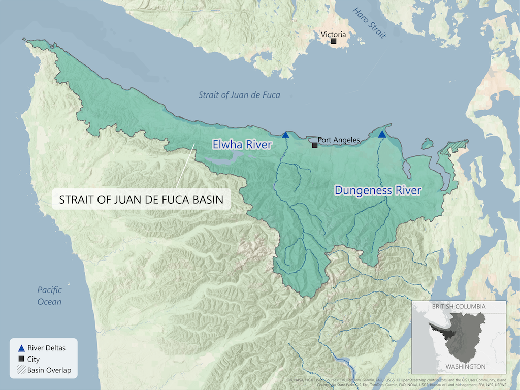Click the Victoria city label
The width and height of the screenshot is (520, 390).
[x=334, y=34]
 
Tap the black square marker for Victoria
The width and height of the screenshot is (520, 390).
[x=334, y=41]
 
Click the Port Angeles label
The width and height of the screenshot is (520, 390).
[x=338, y=140]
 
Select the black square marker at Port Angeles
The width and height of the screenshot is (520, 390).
[x=315, y=145]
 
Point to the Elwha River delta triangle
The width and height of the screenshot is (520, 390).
[x=285, y=135]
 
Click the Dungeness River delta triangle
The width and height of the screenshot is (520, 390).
[x=382, y=134]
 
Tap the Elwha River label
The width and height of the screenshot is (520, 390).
[x=242, y=145]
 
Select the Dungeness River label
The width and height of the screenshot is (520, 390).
[x=378, y=190]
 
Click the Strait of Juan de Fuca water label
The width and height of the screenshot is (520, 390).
[x=239, y=94]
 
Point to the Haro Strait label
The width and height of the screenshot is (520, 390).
[x=370, y=23]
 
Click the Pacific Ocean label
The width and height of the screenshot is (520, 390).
[x=49, y=296]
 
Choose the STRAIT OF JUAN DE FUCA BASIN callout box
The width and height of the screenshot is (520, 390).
[x=141, y=199]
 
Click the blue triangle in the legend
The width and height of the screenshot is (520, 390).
[x=21, y=348]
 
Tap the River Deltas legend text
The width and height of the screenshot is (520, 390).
[x=47, y=348]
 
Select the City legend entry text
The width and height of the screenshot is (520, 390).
[x=34, y=360]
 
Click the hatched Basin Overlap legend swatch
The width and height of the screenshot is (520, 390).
[x=21, y=370]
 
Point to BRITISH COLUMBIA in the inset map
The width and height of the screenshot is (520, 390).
[x=459, y=307]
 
